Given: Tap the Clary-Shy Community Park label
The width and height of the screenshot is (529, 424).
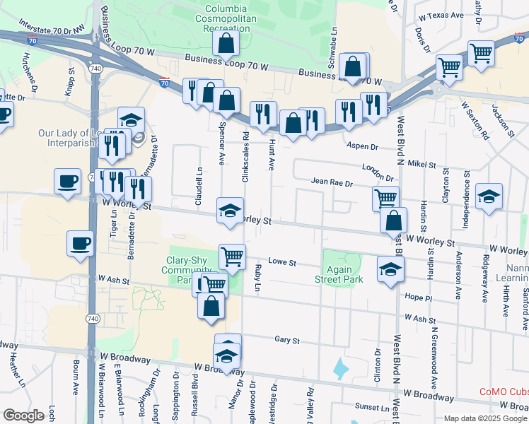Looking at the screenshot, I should click(x=186, y=270).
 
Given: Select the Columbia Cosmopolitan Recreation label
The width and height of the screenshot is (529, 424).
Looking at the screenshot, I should click(x=223, y=17).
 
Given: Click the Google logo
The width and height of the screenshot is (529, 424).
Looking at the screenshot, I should click(x=23, y=416).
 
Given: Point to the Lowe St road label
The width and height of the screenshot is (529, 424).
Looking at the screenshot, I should click(x=281, y=263).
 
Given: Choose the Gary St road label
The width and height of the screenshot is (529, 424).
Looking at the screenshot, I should click(x=287, y=341).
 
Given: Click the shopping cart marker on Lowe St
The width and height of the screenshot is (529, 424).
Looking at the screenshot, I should click(x=231, y=255).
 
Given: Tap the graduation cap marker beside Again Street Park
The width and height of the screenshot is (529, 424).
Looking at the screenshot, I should click(x=389, y=269).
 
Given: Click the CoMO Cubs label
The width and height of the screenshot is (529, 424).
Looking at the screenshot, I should click(x=504, y=391).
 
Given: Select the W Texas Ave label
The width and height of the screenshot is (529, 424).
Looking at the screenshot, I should click(x=441, y=15).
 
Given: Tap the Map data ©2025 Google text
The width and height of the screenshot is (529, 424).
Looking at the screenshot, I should click(x=485, y=418).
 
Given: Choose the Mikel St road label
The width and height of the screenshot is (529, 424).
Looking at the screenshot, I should click(x=422, y=164).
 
